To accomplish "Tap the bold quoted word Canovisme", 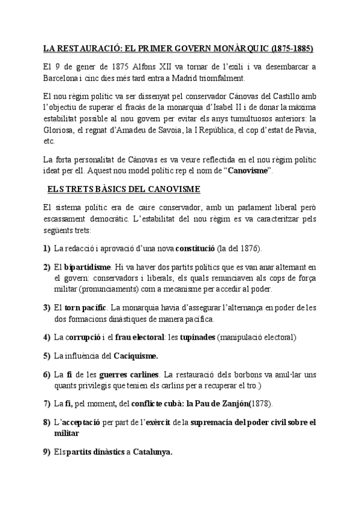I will [x=249, y=171].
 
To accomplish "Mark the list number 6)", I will [x=47, y=375].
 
